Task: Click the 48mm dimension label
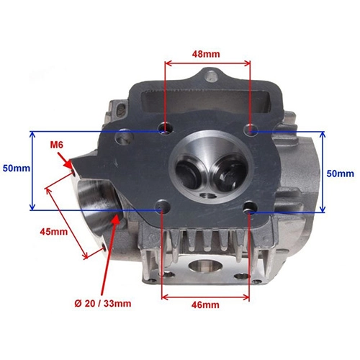pyautogui.click(x=206, y=54)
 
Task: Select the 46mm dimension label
pyautogui.click(x=205, y=305)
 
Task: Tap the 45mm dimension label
pyautogui.click(x=54, y=232)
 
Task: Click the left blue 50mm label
pyautogui.click(x=17, y=168)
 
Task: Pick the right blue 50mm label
pyautogui.click(x=340, y=174)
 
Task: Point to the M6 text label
pyautogui.click(x=57, y=145)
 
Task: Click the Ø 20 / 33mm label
pyautogui.click(x=103, y=304)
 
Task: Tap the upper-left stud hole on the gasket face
pyautogui.click(x=166, y=129)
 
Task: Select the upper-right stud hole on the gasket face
pyautogui.click(x=251, y=130)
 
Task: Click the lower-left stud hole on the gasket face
pyautogui.click(x=163, y=207)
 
